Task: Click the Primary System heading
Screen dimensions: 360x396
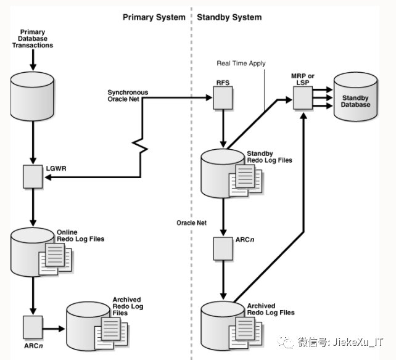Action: point(154,17)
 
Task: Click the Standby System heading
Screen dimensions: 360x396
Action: point(229,17)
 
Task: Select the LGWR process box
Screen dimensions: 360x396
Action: point(32,177)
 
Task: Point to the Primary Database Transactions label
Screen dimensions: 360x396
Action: point(36,38)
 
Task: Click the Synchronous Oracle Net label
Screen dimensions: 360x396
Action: point(128,96)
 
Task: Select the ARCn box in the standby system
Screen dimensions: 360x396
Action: point(222,248)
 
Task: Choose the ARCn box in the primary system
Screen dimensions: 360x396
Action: point(32,325)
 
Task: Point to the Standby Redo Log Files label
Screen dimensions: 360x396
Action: point(270,157)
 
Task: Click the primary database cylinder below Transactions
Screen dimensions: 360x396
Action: point(33,96)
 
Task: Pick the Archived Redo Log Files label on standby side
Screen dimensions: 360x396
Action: point(270,309)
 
